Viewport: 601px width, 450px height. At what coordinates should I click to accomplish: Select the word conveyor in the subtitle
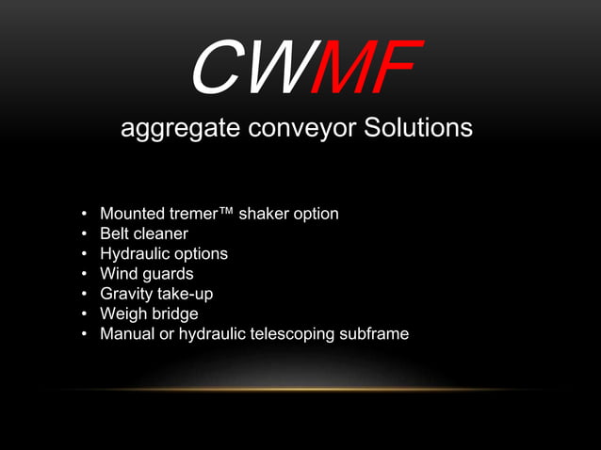299,129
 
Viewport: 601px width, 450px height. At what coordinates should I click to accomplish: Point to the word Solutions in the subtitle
415,128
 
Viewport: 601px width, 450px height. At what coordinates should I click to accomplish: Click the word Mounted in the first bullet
131,214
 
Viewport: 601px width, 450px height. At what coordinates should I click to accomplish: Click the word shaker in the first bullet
266,214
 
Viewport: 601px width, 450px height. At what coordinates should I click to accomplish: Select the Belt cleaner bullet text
144,233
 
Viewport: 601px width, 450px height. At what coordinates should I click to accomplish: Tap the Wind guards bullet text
147,274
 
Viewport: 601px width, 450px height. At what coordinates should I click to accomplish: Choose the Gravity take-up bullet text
156,294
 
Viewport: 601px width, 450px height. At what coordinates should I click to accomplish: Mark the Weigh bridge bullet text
149,313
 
